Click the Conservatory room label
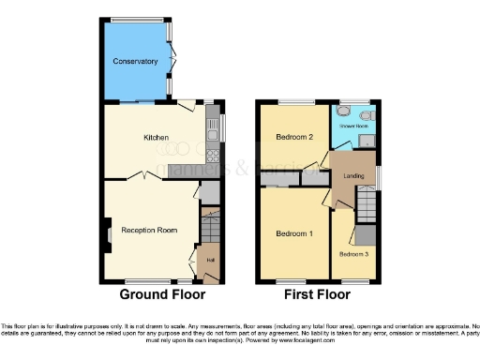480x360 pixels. click(136, 62)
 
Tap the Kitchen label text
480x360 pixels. click(156, 138)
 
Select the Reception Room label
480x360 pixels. click(149, 230)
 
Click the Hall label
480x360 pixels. click(211, 260)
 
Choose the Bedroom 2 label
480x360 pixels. click(293, 138)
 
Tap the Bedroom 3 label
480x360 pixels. click(354, 254)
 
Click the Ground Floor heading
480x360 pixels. click(162, 294)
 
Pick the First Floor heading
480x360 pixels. click(317, 294)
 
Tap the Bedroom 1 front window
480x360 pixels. click(293, 280)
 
